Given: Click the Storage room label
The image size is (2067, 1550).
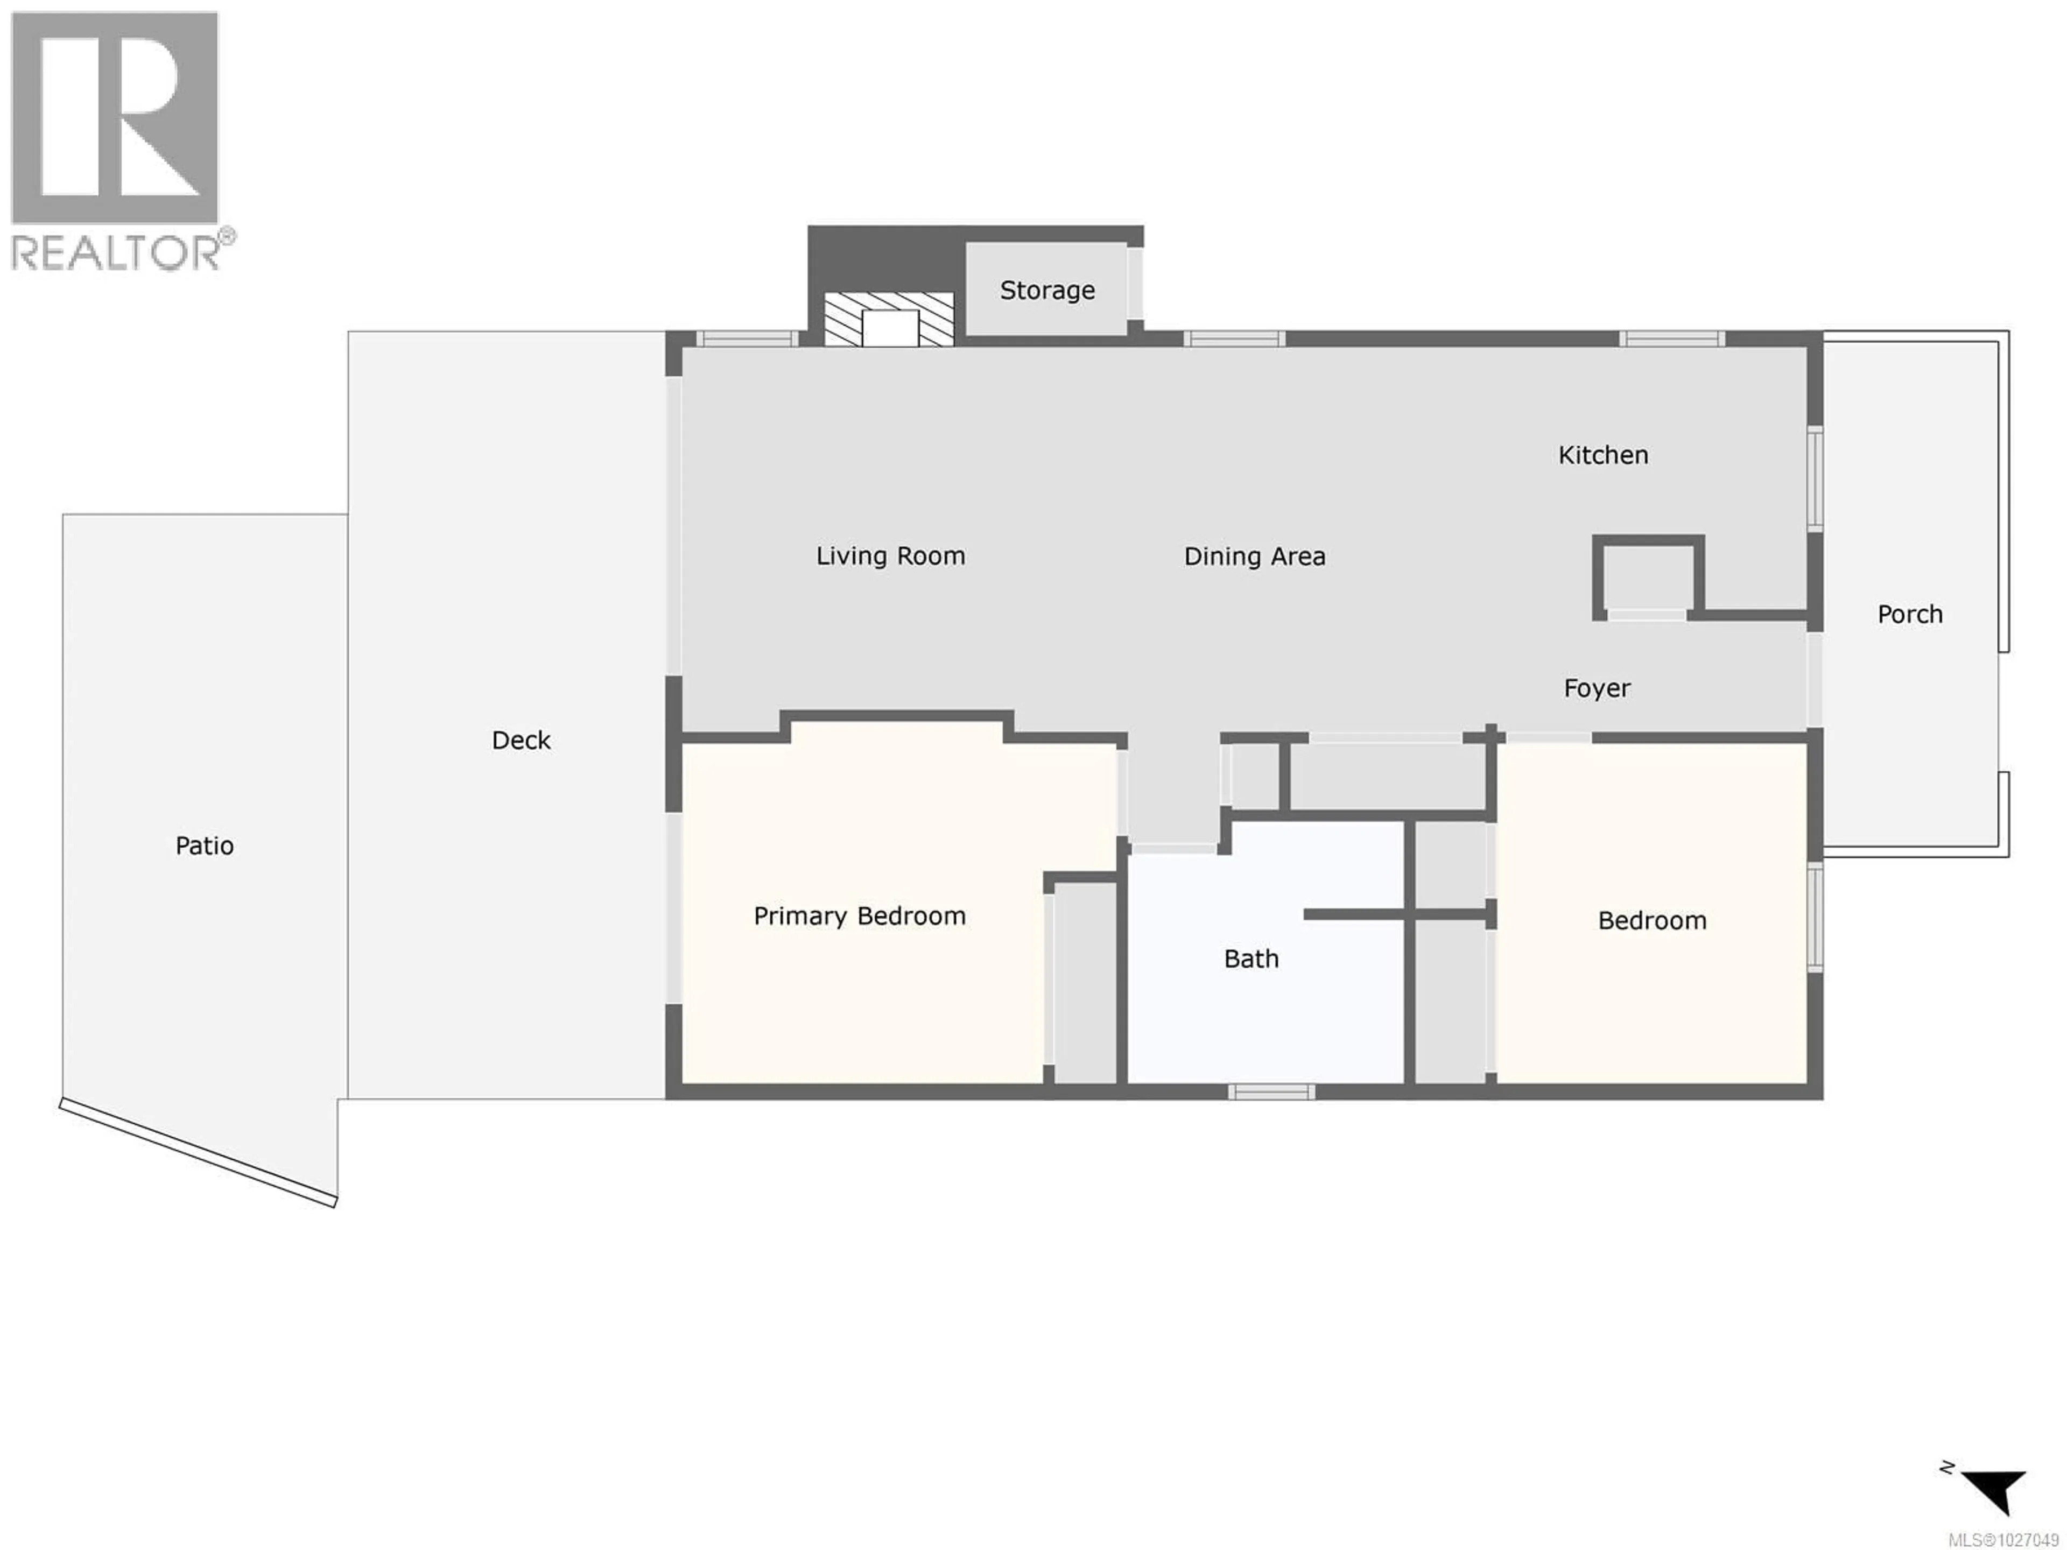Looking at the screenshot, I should (x=1046, y=291).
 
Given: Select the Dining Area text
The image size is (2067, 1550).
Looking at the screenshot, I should (x=1254, y=557).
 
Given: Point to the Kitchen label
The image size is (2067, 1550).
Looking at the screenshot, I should (x=1602, y=455).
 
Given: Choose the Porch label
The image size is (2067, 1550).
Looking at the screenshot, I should (x=1910, y=614).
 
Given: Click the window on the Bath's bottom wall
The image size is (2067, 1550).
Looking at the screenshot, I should (x=1271, y=1092).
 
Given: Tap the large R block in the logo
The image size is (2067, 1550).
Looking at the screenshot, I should (x=114, y=117).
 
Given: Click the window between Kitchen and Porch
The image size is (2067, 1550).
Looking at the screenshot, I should (x=1814, y=478).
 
